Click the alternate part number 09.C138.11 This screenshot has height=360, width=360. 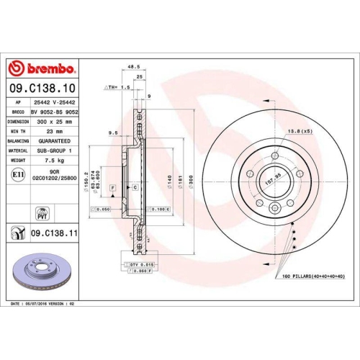click(55, 234)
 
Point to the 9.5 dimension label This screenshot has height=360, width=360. click(112, 133)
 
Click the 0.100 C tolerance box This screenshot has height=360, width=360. click(160, 209)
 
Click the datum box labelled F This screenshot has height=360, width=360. click(112, 187)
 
